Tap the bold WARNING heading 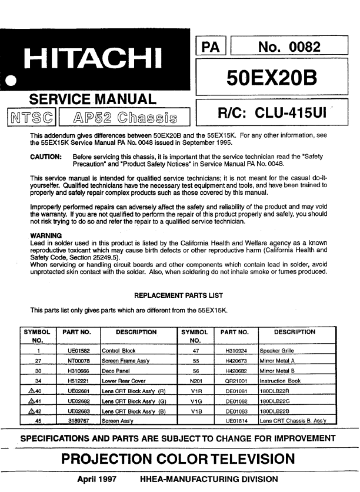46,236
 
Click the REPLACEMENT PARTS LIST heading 179,294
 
